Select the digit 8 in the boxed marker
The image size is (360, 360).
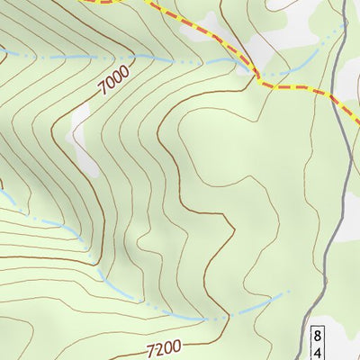click(318, 336)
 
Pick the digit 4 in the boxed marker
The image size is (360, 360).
click(318, 351)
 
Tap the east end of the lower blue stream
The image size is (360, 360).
click(290, 292)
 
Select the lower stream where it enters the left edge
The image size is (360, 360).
click(2, 191)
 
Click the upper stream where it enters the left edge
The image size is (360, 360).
click(2, 51)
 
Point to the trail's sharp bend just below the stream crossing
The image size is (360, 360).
click(259, 84)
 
